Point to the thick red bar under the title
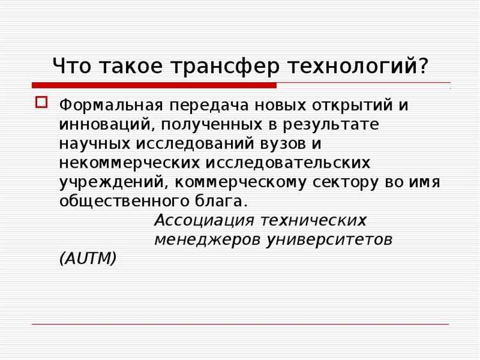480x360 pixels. click(154, 85)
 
